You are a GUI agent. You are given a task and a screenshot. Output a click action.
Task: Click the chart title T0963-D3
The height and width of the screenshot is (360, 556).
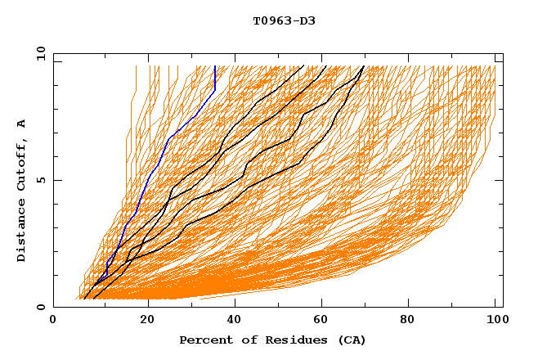284,20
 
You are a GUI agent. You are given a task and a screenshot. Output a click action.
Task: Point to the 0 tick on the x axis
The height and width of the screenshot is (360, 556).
53,320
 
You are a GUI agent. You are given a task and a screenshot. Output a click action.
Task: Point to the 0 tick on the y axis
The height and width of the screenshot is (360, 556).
40,308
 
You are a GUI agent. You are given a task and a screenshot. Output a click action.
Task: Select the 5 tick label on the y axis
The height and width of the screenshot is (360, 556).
40,180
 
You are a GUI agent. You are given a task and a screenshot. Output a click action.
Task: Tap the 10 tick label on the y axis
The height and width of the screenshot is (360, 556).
38,53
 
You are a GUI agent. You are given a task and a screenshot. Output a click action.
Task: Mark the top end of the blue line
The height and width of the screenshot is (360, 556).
214,66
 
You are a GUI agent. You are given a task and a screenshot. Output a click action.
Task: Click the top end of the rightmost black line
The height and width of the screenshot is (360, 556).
364,66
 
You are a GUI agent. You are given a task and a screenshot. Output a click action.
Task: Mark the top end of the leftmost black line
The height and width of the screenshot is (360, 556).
303,66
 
